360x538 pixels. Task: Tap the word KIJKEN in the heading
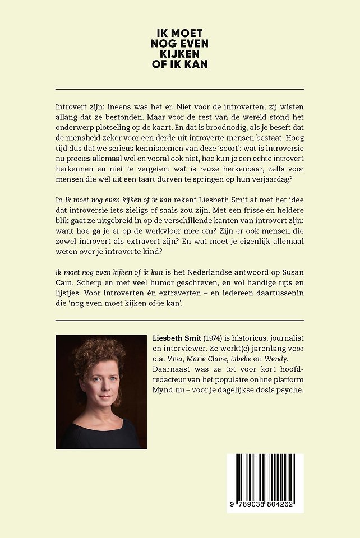pyautogui.click(x=179, y=54)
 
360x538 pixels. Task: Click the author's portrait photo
pyautogui.click(x=101, y=392)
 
